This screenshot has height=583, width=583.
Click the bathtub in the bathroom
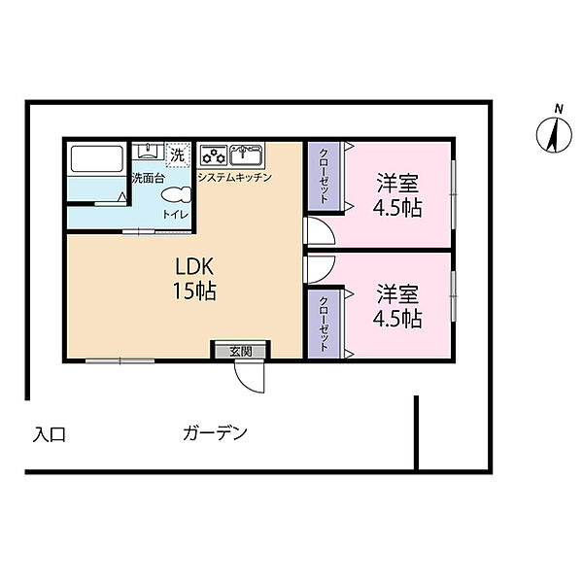(97, 158)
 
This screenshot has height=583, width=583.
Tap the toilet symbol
(176, 195)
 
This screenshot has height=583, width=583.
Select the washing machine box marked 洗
(178, 154)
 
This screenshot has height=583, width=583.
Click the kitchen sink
(246, 154)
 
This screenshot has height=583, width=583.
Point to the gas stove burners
(214, 155)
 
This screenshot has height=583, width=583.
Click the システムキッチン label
(234, 178)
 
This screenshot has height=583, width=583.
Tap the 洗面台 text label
(148, 178)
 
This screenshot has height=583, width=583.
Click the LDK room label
(194, 266)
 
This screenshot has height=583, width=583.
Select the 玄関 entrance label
(241, 351)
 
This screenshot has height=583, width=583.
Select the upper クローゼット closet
(325, 176)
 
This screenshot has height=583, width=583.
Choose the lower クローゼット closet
(325, 324)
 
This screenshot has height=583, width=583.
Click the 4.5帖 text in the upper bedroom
(397, 208)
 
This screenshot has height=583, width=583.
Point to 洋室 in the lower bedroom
(397, 293)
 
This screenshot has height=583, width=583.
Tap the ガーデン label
(216, 433)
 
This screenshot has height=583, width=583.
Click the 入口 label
(50, 434)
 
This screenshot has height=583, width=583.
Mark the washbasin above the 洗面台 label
(148, 151)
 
